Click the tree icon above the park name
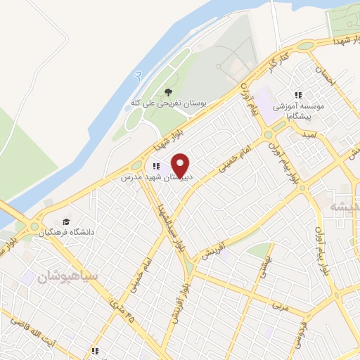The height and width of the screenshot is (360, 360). pyautogui.click(x=167, y=91)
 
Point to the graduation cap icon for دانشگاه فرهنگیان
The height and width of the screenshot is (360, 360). pyautogui.click(x=66, y=220)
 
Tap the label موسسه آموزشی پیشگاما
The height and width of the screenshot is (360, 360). pyautogui.click(x=301, y=108)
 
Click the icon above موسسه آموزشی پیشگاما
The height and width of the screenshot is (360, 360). pyautogui.click(x=298, y=94)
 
